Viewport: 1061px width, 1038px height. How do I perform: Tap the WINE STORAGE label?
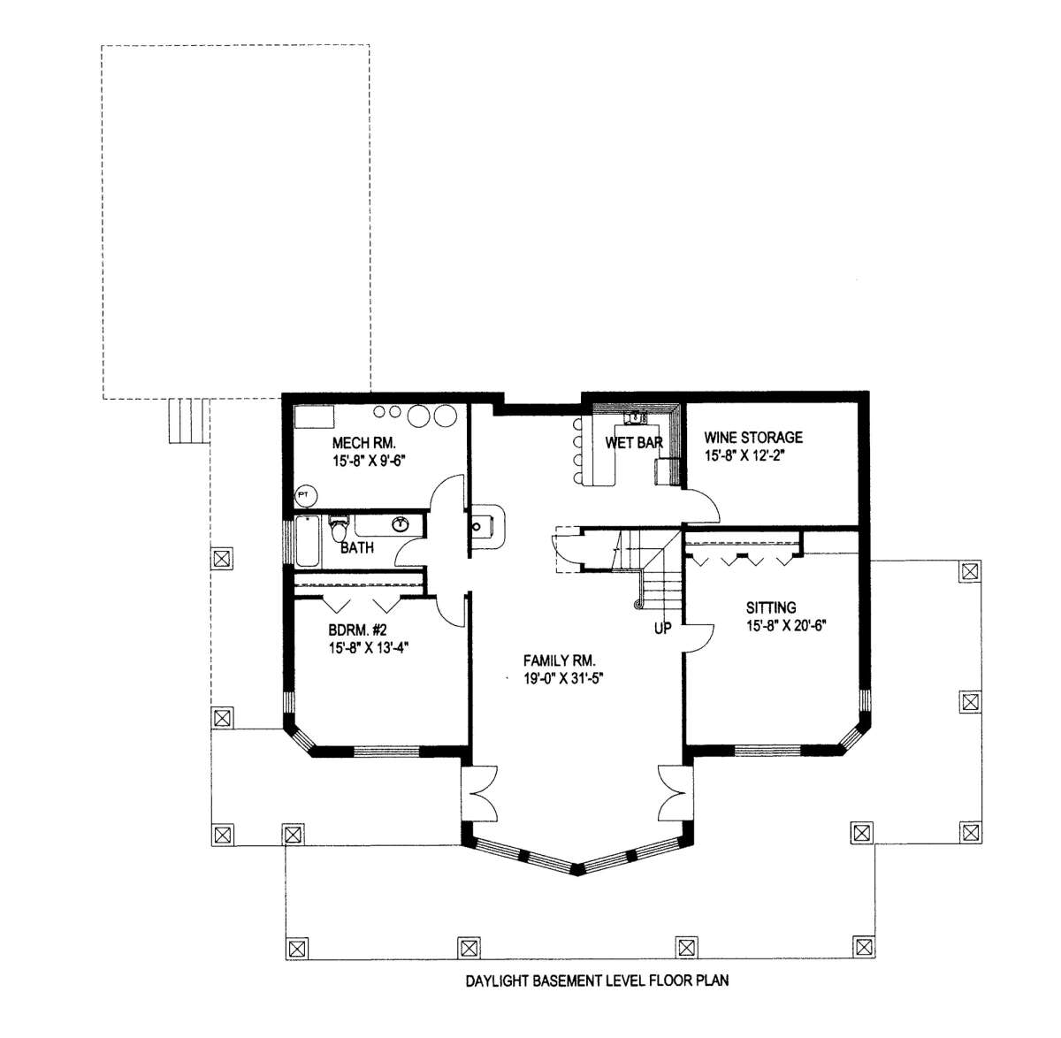coord(752,438)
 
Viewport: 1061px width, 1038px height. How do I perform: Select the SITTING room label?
coord(770,607)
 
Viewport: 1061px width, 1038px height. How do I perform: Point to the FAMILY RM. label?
coord(559,660)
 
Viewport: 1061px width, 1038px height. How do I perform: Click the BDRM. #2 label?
coord(357,630)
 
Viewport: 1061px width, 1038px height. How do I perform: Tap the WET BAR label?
coord(634,442)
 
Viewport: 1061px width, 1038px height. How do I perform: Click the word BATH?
coord(357,547)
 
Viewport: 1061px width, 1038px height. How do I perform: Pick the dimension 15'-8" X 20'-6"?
coord(786,626)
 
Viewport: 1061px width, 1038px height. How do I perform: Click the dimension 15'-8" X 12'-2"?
coord(744,455)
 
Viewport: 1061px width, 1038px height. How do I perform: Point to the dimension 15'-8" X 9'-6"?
coord(370,461)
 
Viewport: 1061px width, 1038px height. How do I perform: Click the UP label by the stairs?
coord(662,629)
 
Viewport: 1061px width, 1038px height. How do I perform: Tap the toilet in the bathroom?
coord(339,528)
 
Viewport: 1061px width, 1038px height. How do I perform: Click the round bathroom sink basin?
coord(401,524)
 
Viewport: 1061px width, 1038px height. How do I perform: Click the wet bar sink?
coord(635,418)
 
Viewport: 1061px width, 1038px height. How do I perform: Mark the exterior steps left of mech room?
coord(188,421)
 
